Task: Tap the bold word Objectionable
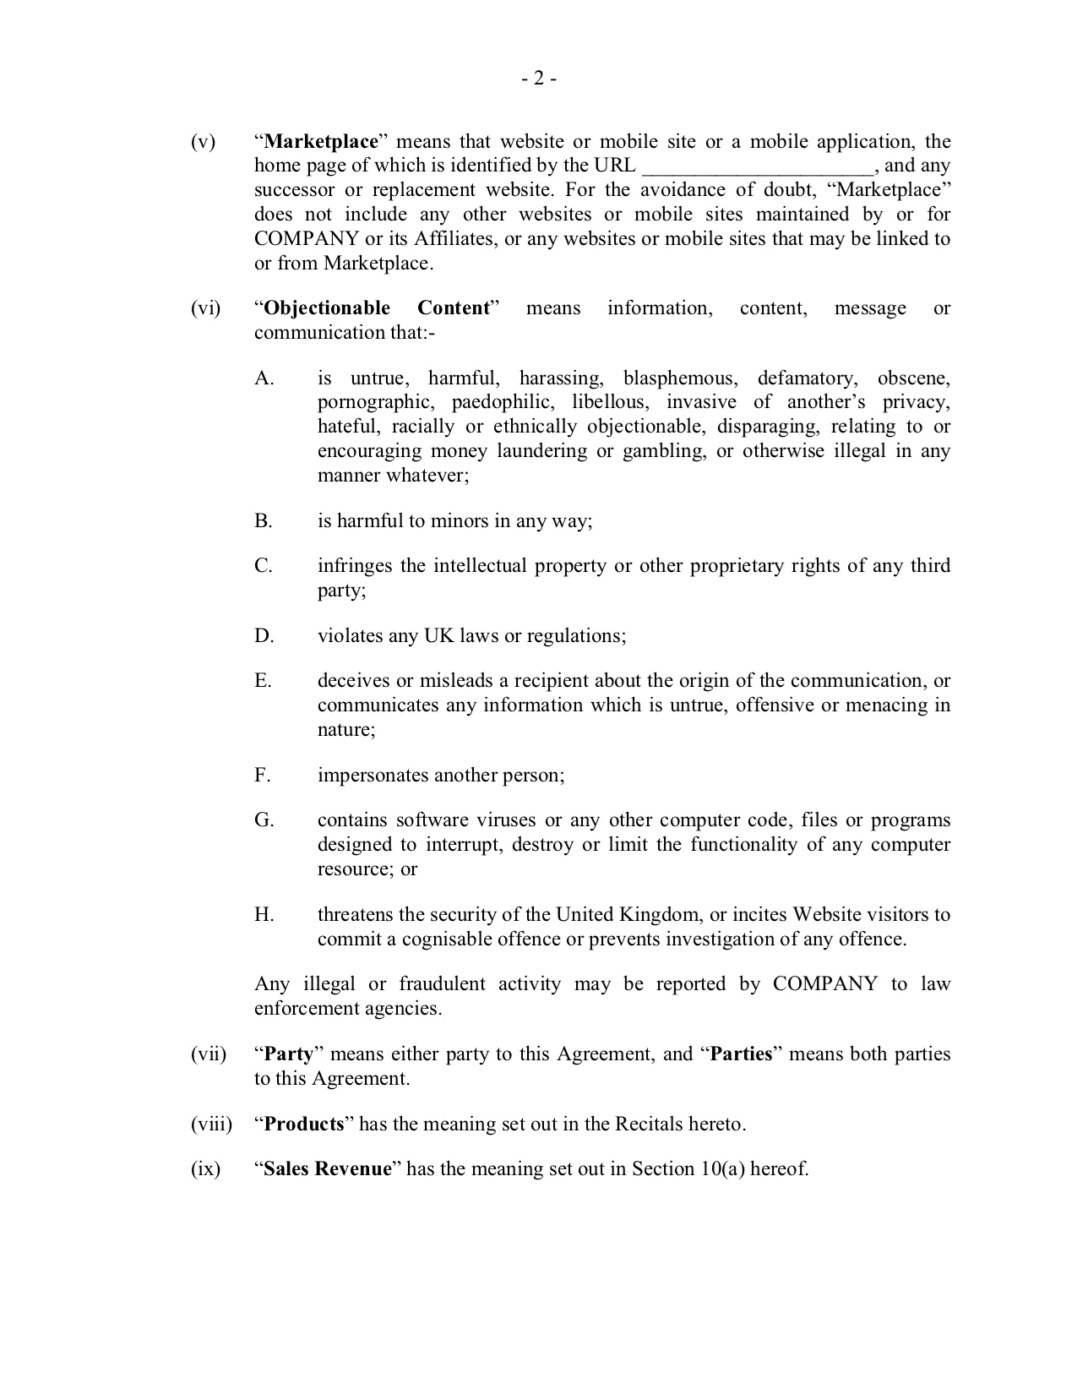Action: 327,308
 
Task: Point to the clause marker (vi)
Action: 205,308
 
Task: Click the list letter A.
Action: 264,378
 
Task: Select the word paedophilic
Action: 502,402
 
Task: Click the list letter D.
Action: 264,635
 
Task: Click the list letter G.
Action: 264,820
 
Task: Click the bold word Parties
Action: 741,1054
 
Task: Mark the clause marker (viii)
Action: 210,1124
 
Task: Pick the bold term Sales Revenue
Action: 328,1168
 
